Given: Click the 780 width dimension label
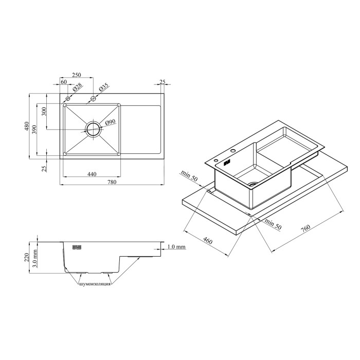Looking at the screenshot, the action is [x=112, y=182].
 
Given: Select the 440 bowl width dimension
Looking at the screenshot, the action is [x=92, y=174].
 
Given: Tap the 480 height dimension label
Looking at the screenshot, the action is [x=27, y=127].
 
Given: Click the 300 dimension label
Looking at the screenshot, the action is [x=44, y=112].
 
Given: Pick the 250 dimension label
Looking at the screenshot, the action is [x=77, y=75].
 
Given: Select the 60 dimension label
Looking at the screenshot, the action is [x=64, y=82].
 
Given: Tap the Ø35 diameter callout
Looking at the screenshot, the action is [x=103, y=87].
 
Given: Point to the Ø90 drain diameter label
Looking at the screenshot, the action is [x=110, y=122].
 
